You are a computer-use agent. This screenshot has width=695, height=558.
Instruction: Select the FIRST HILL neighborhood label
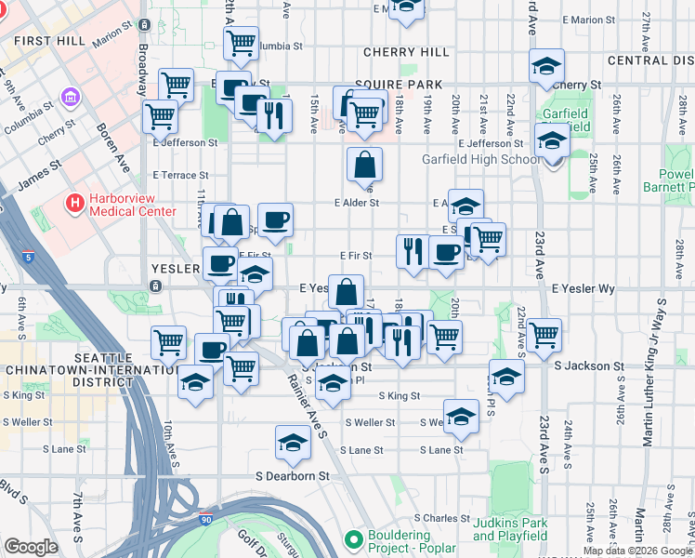(x=50, y=41)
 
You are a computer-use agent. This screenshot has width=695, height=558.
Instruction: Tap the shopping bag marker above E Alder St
(x=365, y=165)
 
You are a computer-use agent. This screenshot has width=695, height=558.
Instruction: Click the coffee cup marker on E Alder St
(x=275, y=220)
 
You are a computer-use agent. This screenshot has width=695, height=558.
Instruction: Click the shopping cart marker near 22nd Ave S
(x=544, y=333)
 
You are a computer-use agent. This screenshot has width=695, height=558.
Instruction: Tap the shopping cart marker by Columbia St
(x=242, y=42)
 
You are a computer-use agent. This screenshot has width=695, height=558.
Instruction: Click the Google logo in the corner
(x=31, y=547)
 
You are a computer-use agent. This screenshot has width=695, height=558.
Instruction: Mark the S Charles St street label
(x=444, y=517)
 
